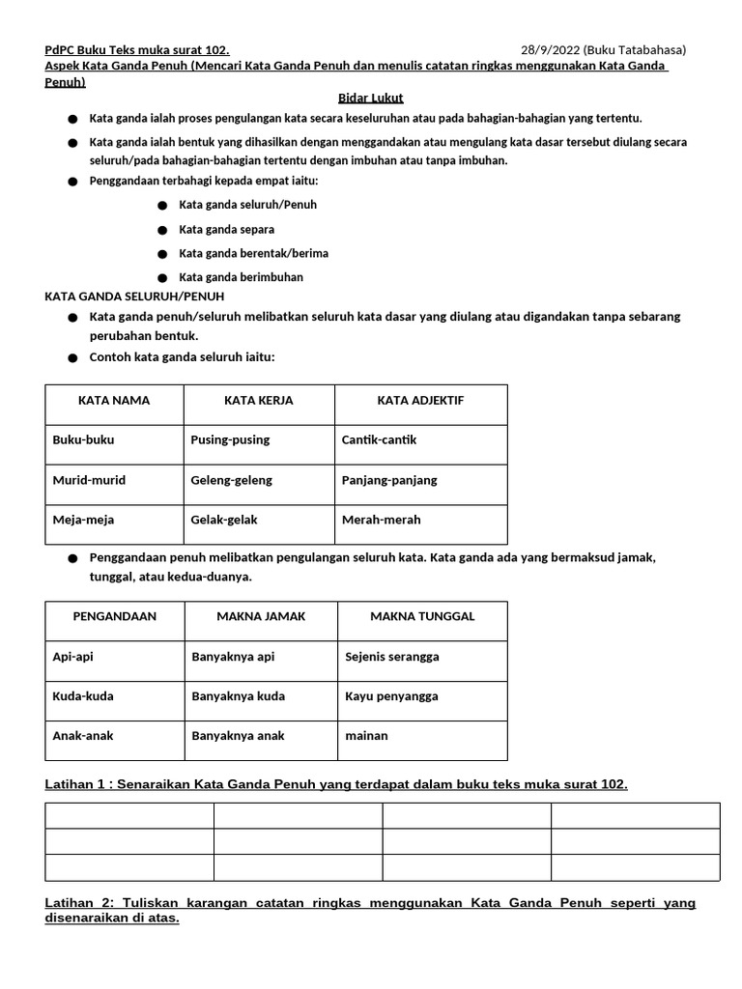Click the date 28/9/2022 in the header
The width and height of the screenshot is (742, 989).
pyautogui.click(x=551, y=50)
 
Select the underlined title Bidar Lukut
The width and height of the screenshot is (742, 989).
pyautogui.click(x=370, y=99)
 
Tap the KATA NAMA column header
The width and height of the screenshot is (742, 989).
pyautogui.click(x=114, y=400)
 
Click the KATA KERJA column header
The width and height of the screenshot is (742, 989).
pyautogui.click(x=259, y=400)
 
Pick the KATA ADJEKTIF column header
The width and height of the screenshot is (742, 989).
pyautogui.click(x=420, y=400)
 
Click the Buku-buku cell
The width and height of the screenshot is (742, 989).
pyautogui.click(x=84, y=439)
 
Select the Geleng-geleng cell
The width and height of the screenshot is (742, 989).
pyautogui.click(x=232, y=480)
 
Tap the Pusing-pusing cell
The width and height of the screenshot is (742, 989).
pyautogui.click(x=231, y=439)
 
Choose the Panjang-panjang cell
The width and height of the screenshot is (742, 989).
pyautogui.click(x=389, y=480)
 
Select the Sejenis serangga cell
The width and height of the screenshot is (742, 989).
pyautogui.click(x=392, y=657)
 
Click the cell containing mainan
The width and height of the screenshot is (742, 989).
pyautogui.click(x=367, y=736)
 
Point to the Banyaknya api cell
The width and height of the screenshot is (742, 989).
pyautogui.click(x=233, y=657)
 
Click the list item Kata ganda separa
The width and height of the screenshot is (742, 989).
pyautogui.click(x=227, y=230)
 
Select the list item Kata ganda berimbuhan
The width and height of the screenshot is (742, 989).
pyautogui.click(x=242, y=277)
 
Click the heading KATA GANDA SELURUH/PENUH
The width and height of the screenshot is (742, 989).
pyautogui.click(x=135, y=296)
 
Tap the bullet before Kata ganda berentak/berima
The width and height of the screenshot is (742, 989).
pyautogui.click(x=161, y=254)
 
